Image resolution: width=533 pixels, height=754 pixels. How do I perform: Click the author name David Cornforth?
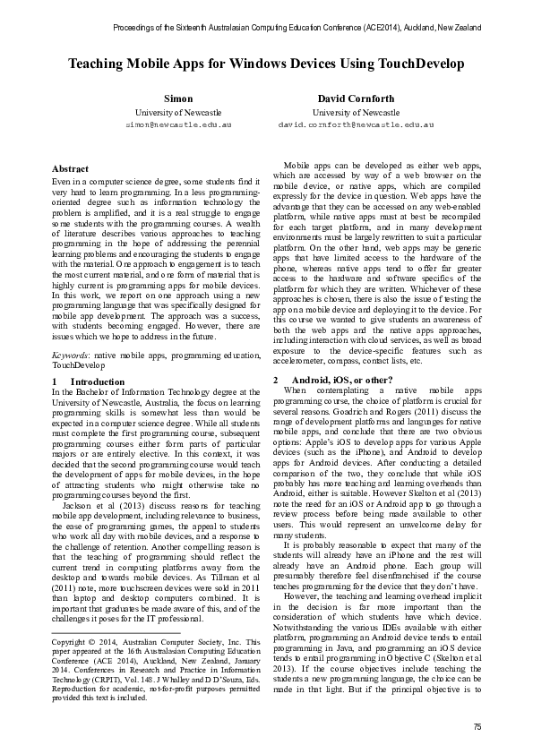click(x=356, y=98)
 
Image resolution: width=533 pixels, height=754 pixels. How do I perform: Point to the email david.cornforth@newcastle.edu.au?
click(x=356, y=125)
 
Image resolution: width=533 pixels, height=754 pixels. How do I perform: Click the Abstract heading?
click(x=71, y=169)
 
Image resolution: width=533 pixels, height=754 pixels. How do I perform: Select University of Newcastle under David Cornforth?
click(x=356, y=112)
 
